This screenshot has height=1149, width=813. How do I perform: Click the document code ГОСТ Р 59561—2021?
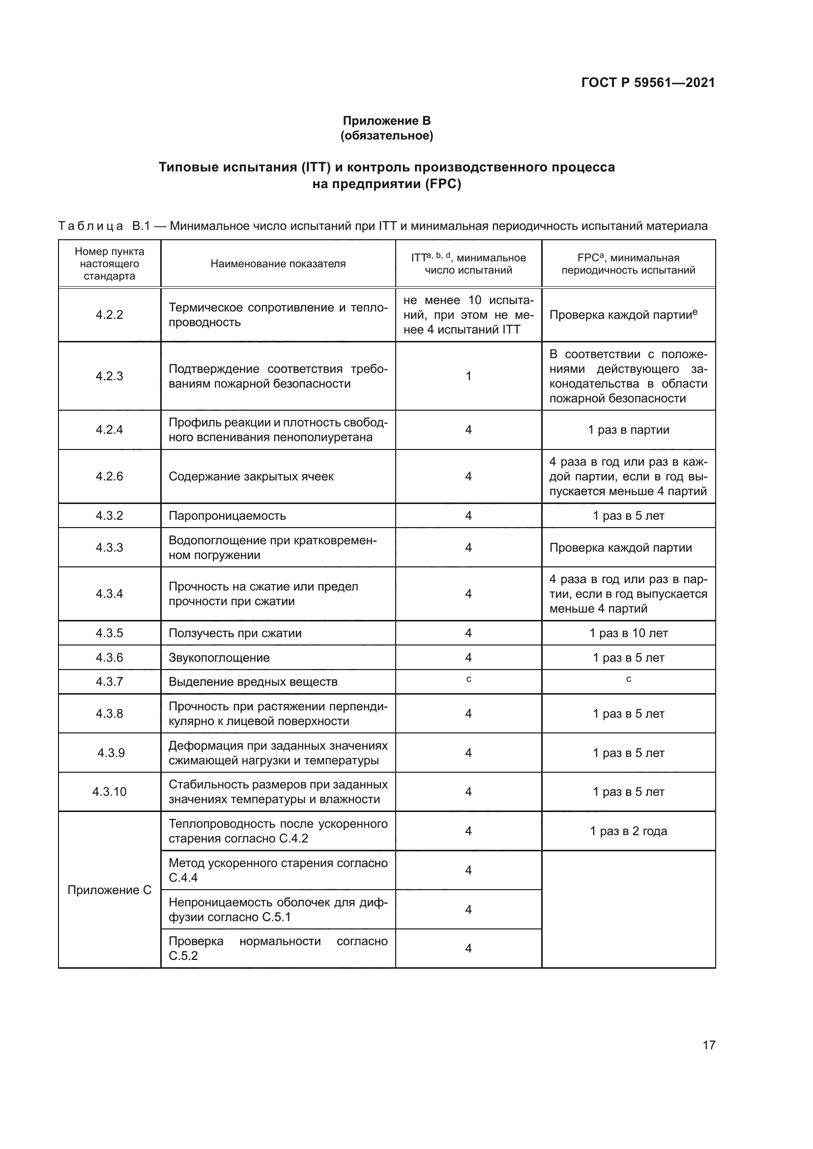(648, 83)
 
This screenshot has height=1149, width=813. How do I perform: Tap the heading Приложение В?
(386, 121)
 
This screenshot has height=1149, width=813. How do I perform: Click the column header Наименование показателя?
(278, 264)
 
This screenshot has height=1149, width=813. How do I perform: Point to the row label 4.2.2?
(109, 315)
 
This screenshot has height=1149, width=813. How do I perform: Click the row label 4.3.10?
(109, 792)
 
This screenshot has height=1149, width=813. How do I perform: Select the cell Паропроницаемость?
(227, 516)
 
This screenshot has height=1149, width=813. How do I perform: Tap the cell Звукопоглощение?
(219, 658)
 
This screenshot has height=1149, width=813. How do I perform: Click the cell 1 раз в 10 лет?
(628, 633)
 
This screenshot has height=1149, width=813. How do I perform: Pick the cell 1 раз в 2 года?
(628, 831)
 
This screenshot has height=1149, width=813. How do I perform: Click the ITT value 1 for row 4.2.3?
(468, 376)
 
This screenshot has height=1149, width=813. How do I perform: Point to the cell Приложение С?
(109, 890)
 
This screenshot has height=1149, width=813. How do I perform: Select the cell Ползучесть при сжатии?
(235, 633)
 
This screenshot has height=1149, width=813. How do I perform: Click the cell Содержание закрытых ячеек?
(251, 476)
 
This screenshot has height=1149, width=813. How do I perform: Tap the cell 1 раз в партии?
(628, 430)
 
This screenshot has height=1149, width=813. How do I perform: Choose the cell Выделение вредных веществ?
(253, 682)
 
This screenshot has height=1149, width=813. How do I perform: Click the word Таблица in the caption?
(90, 226)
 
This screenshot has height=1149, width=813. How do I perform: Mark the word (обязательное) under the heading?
(386, 136)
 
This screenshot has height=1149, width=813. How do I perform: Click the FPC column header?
(628, 264)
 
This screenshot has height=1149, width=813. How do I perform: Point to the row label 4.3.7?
(109, 682)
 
